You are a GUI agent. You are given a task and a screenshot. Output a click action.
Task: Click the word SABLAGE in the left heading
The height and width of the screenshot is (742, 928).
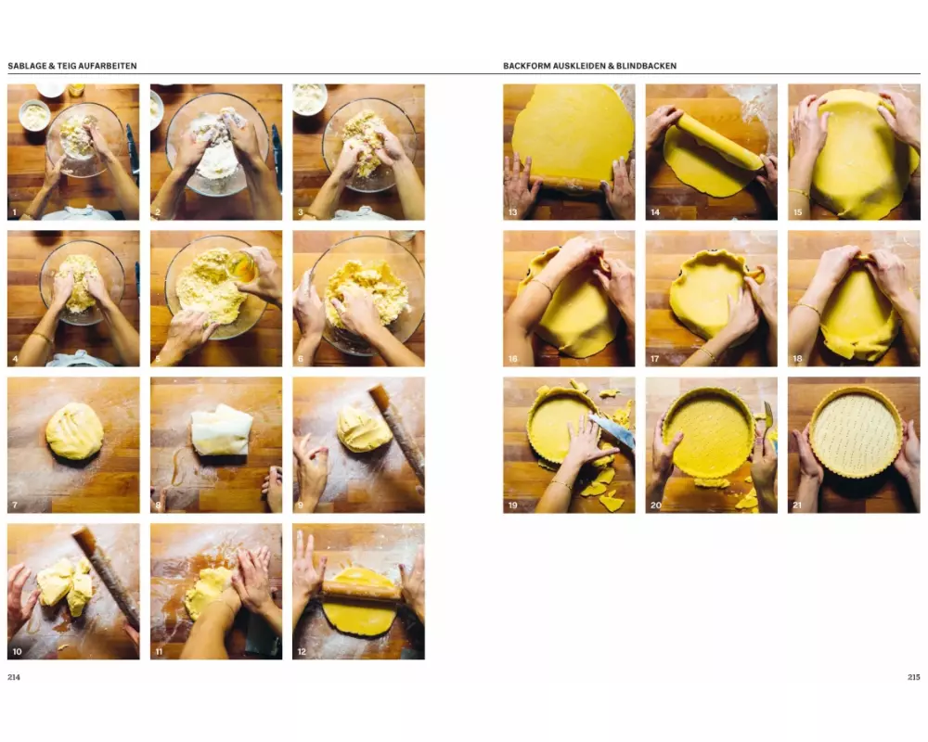coord(27,66)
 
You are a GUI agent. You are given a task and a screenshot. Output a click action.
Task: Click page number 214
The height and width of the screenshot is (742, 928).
coord(14,677)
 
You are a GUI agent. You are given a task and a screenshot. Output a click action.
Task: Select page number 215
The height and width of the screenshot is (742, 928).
coord(914,677)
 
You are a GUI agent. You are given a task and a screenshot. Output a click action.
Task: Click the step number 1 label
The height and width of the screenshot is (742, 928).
coord(14,211)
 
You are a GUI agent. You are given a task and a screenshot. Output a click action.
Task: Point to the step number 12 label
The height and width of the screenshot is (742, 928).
coord(302,651)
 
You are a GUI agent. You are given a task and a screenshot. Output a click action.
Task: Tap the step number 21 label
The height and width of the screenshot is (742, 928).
coord(797,505)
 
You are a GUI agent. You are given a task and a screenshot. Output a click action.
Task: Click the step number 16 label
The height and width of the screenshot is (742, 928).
coord(512,359)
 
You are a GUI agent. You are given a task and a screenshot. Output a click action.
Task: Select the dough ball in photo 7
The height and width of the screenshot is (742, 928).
coord(74,430)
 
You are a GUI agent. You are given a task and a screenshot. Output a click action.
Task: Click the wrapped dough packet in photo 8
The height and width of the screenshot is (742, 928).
coord(222,429)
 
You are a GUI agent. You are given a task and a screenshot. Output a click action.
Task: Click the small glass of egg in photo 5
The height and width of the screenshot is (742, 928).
coord(241,266)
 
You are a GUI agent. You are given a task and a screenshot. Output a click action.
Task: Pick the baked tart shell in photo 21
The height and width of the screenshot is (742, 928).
coord(857,432)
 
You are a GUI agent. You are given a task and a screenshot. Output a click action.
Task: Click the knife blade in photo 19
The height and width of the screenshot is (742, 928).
coord(612,429)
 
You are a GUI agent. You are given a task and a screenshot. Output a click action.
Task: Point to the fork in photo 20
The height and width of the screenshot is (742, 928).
coord(767,419)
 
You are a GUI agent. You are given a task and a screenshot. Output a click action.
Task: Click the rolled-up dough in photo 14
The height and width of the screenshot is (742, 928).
coord(720,141)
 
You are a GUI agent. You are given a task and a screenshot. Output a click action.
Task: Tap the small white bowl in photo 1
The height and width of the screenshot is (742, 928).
coord(34,115)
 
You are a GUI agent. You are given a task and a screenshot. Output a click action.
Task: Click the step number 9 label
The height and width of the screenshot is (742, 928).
coord(300,505)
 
